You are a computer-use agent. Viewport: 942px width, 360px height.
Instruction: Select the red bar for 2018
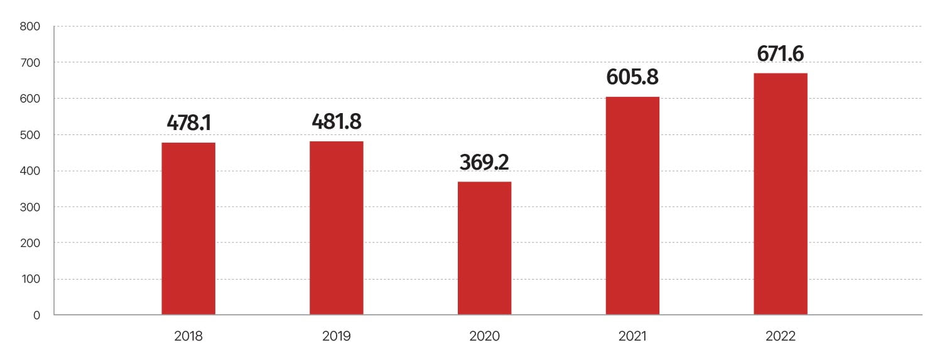pos(188,228)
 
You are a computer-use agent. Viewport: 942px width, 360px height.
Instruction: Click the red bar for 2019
pos(337,228)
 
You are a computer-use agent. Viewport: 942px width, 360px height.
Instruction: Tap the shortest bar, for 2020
pos(484,248)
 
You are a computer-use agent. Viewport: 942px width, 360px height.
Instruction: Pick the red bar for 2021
pos(632,205)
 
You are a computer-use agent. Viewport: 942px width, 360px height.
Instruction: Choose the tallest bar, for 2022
pos(781,194)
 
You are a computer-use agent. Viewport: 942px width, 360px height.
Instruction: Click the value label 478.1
pos(189,123)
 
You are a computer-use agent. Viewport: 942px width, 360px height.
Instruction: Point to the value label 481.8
pos(337,121)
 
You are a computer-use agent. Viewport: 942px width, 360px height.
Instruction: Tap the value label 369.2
pos(484,162)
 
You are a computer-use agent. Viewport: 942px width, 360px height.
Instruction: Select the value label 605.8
pos(632,77)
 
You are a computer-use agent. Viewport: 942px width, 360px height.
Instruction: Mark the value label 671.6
pos(781,54)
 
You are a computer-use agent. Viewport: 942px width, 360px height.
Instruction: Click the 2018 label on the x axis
pos(188,336)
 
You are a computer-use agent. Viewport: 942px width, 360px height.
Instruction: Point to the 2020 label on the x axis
pos(484,336)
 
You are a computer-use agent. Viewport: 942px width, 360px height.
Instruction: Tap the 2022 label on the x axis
pos(781,336)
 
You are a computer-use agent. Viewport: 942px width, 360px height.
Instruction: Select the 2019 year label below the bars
pos(337,336)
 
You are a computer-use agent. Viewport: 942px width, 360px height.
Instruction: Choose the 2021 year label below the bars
pos(632,336)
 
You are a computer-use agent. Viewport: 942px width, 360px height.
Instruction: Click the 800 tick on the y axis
pos(30,26)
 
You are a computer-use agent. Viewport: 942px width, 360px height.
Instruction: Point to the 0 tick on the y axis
pos(36,315)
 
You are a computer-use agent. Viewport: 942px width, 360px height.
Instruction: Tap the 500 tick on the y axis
pos(30,135)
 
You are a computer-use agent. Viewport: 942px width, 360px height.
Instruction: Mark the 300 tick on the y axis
pos(30,207)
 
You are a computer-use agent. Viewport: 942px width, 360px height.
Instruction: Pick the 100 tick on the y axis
pos(31,279)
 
